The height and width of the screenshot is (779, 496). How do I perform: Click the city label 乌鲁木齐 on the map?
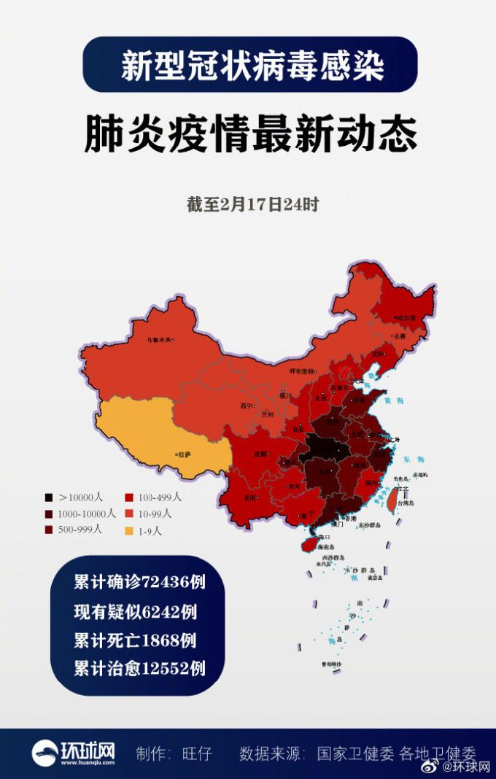tap(161, 339)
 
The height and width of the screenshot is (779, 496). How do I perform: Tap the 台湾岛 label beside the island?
tap(416, 503)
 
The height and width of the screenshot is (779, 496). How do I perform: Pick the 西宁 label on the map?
tap(246, 406)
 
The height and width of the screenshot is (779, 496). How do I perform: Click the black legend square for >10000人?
tap(48, 497)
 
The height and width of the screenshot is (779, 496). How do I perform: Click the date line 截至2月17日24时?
tap(252, 205)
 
